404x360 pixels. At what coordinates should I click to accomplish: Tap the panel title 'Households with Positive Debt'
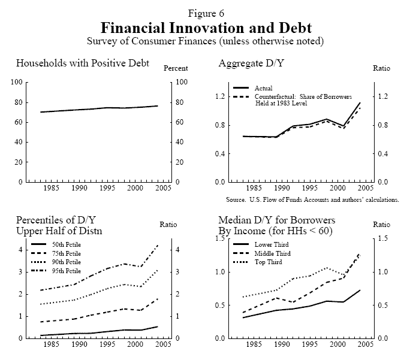click(x=83, y=63)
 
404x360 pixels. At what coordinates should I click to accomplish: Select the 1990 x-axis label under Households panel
click(x=79, y=188)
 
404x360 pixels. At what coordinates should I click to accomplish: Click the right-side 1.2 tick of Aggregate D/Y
click(x=382, y=96)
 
